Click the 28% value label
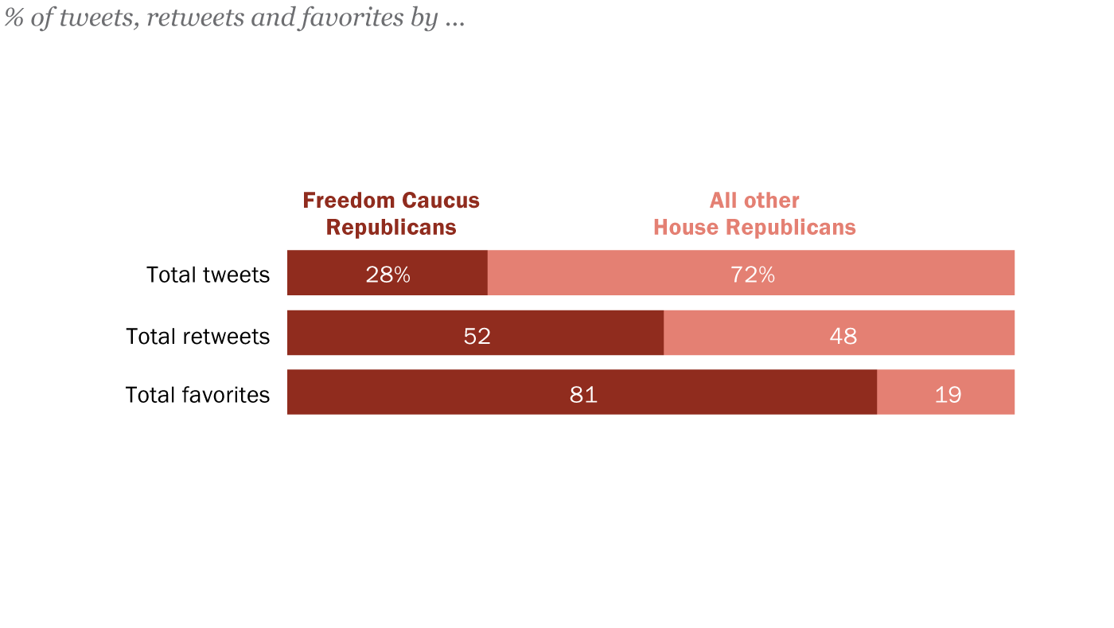tap(388, 275)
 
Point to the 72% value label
tap(752, 275)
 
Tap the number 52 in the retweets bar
tap(477, 336)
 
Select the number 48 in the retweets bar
tap(843, 336)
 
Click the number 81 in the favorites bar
tap(583, 395)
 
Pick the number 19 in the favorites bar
tap(948, 395)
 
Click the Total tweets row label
tap(208, 275)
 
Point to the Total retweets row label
tap(197, 337)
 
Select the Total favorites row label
tap(197, 395)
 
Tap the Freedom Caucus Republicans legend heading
tap(391, 213)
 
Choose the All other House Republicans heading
tap(754, 213)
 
